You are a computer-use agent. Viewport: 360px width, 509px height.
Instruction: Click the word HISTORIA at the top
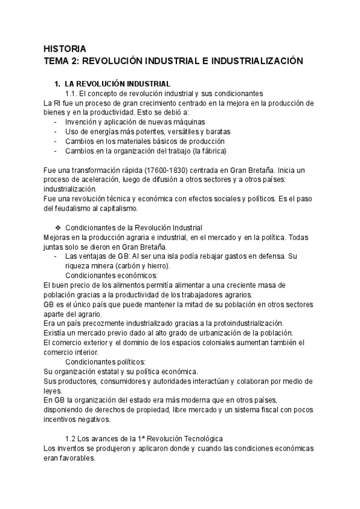tap(65, 49)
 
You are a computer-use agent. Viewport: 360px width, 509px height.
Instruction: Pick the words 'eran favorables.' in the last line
tap(70, 458)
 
